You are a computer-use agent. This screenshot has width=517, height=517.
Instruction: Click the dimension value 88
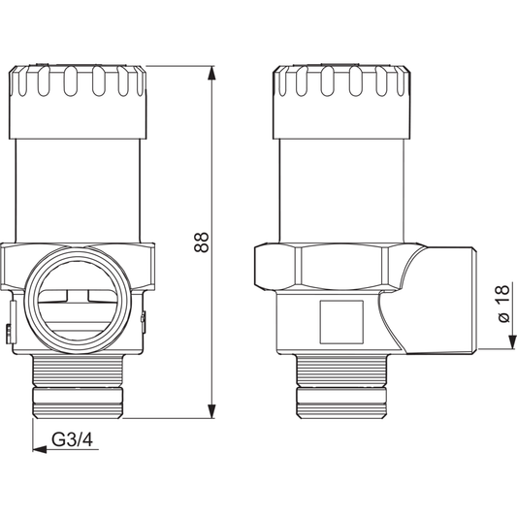pos(202,242)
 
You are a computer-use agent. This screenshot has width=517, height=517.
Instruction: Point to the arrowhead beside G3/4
pos(40,449)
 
